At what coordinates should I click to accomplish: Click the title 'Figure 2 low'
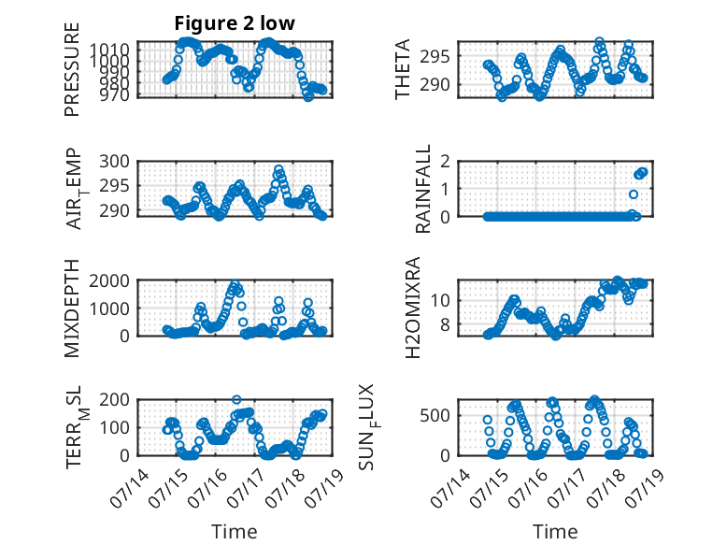(235, 23)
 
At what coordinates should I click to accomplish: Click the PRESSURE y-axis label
(72, 69)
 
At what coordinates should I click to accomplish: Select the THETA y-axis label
(403, 69)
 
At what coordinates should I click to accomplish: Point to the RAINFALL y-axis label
(423, 188)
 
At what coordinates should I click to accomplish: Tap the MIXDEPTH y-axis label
(72, 308)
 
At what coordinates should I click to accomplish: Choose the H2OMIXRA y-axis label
(412, 308)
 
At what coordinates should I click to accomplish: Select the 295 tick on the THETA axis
(435, 57)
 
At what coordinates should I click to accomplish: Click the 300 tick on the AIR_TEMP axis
(115, 162)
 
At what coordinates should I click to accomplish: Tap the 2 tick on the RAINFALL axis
(446, 162)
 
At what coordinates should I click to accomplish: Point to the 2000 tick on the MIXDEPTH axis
(109, 280)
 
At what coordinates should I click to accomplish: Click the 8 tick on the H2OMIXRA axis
(446, 325)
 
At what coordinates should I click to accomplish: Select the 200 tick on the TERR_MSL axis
(115, 400)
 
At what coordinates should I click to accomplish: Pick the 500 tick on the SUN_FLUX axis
(435, 416)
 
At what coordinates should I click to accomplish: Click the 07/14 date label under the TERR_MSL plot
(131, 488)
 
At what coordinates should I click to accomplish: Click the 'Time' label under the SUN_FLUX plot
(555, 532)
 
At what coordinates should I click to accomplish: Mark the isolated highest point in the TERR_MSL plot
(236, 400)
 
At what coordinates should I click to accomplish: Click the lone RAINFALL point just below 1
(634, 194)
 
